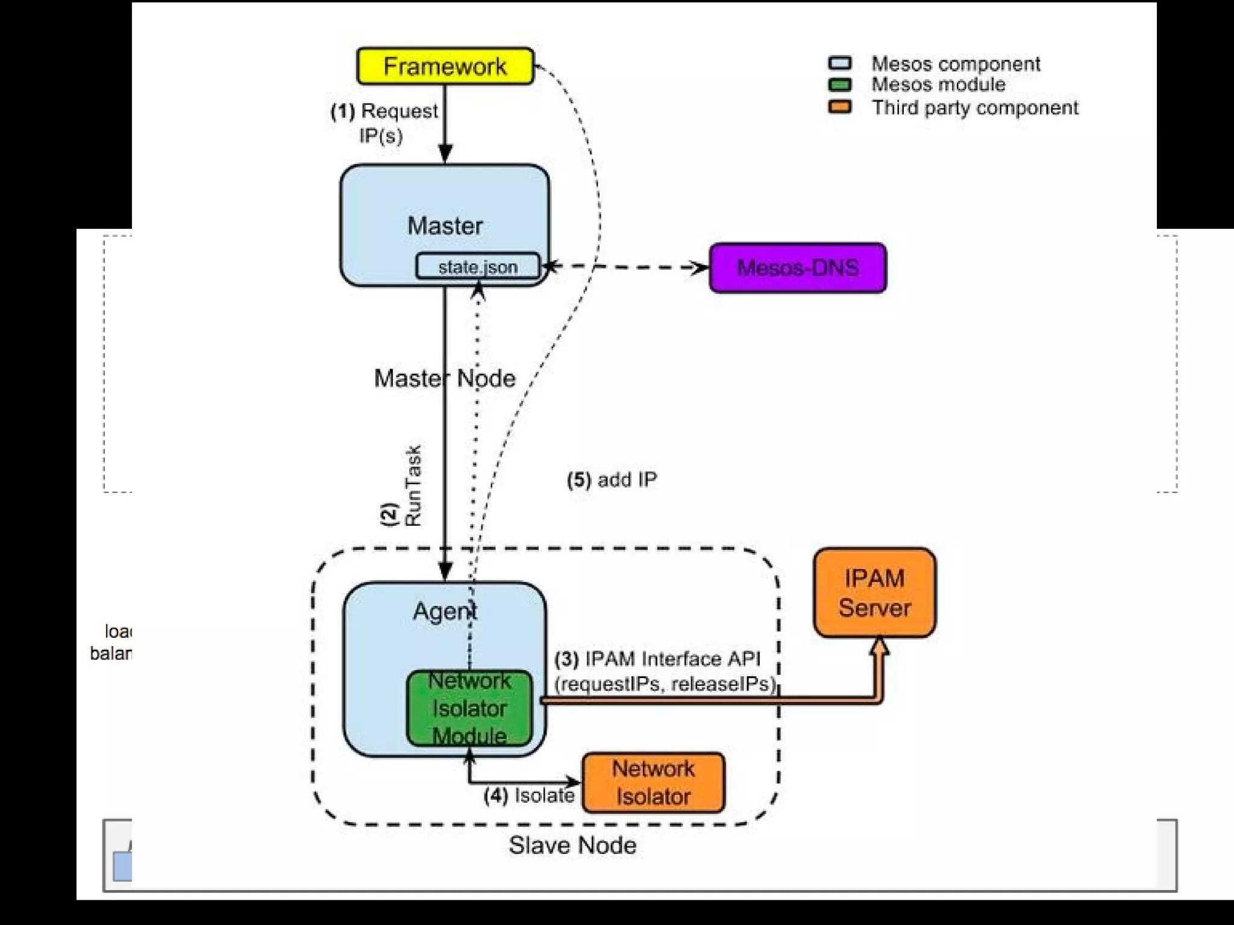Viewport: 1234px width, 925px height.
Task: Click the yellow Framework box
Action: pos(445,66)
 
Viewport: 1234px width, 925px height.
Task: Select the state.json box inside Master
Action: pos(477,267)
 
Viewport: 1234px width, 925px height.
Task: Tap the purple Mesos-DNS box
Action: pos(797,268)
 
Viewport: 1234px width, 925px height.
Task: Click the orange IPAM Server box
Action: pos(874,593)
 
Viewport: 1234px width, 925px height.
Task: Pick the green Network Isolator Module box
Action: pos(469,708)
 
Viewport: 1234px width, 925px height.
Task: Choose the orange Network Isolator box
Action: pos(653,782)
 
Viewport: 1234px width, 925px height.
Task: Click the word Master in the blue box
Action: pos(445,226)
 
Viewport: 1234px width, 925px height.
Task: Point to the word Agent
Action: pos(445,611)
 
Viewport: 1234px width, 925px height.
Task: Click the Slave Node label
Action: pos(572,846)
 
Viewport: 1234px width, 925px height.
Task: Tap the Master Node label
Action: pos(445,378)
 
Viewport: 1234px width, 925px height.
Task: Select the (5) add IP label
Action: pos(612,480)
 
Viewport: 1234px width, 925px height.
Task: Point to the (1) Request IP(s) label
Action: pos(384,123)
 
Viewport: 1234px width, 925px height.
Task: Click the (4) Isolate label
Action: pos(529,796)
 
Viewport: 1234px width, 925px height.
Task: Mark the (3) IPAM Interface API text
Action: pos(658,659)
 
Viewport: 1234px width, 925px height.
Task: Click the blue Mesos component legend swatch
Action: pos(839,63)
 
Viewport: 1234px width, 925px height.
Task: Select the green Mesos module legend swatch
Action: pos(839,84)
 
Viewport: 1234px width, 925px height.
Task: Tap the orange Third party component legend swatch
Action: pos(839,107)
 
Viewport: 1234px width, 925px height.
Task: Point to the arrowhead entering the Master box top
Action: pos(445,154)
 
